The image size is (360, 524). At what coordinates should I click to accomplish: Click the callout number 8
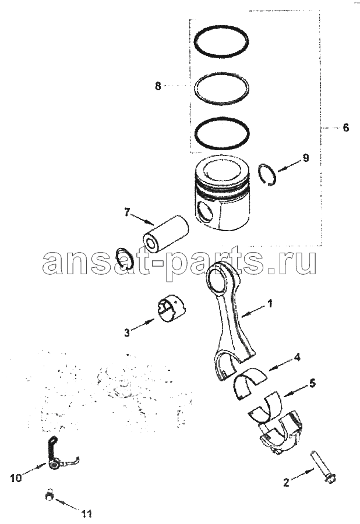[x=158, y=86]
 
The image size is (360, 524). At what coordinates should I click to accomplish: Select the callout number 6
[x=345, y=128]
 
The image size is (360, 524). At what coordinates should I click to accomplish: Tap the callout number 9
[x=305, y=158]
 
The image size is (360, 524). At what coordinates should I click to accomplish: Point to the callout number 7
[x=126, y=212]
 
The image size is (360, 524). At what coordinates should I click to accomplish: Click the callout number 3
[x=127, y=332]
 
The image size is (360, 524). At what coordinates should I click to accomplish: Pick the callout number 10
[x=16, y=478]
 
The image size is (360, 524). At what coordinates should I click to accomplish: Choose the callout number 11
[x=87, y=513]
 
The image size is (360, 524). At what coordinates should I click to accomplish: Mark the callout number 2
[x=286, y=482]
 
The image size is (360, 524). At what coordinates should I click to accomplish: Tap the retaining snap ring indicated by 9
[x=269, y=174]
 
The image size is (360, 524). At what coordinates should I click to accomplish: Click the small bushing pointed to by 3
[x=172, y=309]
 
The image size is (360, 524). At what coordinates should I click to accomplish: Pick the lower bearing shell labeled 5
[x=266, y=406]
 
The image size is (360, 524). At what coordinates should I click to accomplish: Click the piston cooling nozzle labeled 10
[x=59, y=455]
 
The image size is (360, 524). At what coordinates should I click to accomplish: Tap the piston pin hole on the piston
[x=205, y=212]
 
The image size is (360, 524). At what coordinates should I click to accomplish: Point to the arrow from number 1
[x=254, y=310]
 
